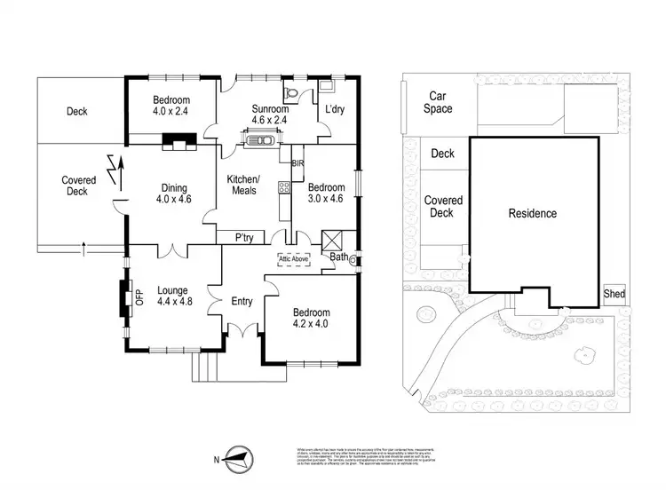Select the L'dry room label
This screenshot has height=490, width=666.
coord(334,109)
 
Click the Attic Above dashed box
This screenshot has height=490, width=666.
coord(294,259)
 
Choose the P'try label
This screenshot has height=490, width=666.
coord(246,238)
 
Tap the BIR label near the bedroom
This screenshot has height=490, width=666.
coord(297,163)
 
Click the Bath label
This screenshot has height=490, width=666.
coord(339,257)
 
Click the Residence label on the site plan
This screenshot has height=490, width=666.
coord(532,213)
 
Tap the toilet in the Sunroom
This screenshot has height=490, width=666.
coord(292,93)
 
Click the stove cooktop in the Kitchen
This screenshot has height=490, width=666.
coord(284,187)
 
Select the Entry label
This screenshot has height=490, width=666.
coord(242,302)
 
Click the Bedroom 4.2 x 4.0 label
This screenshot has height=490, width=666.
coord(310,319)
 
